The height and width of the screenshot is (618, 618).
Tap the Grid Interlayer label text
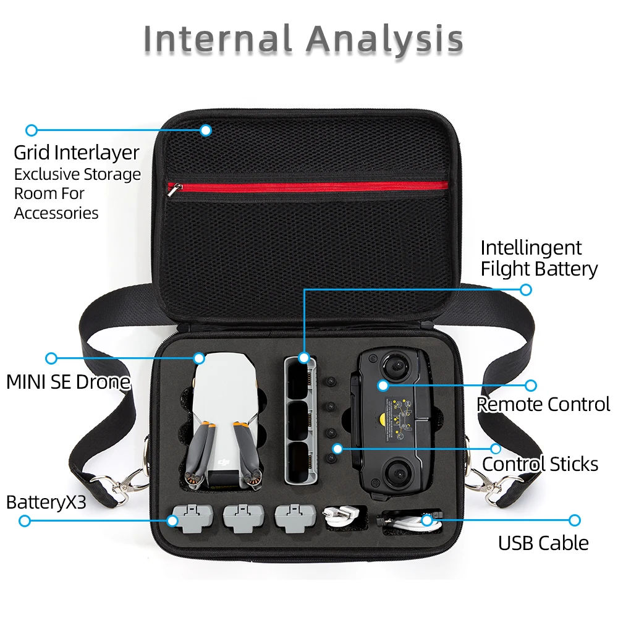coord(77,153)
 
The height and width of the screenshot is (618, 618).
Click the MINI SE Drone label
coord(68,382)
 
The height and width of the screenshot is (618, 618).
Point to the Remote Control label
coord(543,404)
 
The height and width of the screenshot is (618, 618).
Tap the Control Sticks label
coord(540,464)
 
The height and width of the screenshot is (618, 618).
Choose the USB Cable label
coord(543,543)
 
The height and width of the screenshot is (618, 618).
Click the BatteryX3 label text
coord(46,502)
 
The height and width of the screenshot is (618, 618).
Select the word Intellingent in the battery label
coord(531,248)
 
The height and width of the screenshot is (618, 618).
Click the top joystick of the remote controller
coord(396,366)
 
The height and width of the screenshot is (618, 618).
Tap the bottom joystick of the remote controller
coord(397,472)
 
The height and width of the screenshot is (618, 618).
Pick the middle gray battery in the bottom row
coord(243,518)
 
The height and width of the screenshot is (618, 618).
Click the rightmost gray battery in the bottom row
coord(295,518)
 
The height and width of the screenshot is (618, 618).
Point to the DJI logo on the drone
coord(224,461)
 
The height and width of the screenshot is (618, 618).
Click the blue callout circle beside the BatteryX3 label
coord(25,521)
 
